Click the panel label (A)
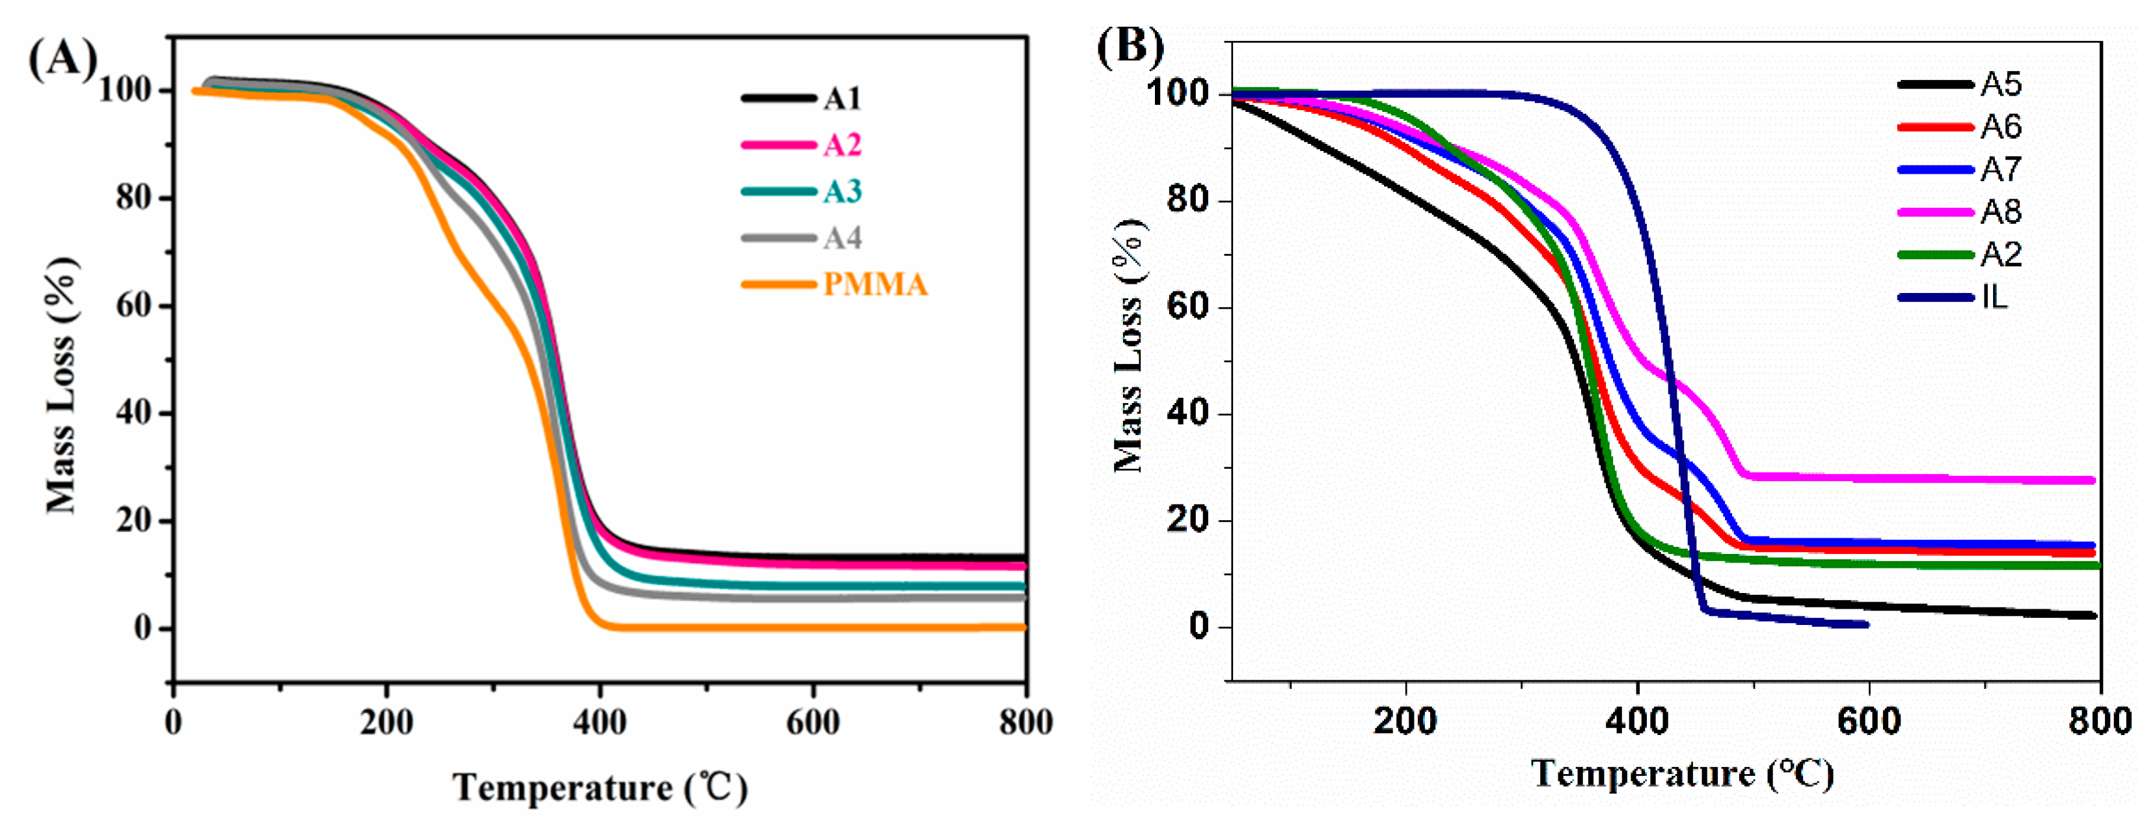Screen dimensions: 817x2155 (62, 61)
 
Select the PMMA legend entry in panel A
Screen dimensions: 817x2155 (875, 284)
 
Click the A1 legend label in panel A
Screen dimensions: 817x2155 (841, 99)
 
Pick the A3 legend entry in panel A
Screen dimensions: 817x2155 (841, 191)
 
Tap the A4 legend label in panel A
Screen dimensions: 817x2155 (841, 238)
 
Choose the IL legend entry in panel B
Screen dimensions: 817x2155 (1994, 297)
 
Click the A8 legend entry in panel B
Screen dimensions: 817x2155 (2000, 212)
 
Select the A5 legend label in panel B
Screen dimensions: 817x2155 (2000, 84)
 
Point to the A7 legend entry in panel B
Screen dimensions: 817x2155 (2000, 169)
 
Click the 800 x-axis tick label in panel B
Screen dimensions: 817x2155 (2100, 721)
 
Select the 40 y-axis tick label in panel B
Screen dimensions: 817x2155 (1187, 415)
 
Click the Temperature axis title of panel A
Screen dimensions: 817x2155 (600, 788)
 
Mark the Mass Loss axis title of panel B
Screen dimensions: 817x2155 (1130, 345)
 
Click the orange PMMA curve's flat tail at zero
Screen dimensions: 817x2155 (794, 627)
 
